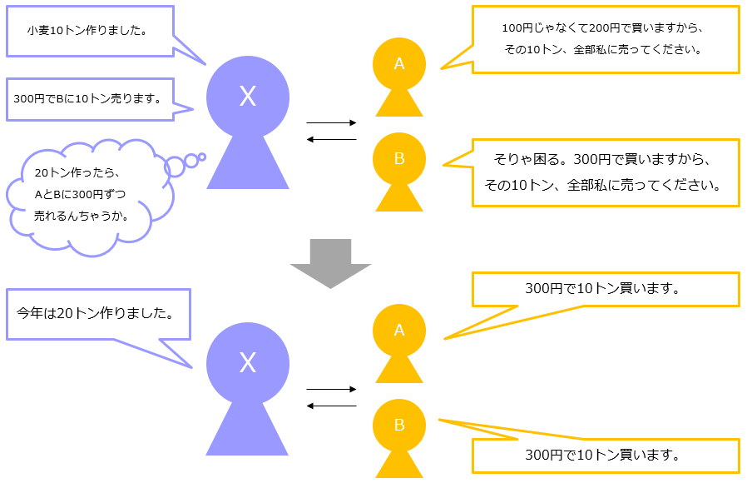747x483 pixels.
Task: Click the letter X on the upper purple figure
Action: [x=247, y=97]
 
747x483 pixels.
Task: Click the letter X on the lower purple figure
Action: [x=247, y=362]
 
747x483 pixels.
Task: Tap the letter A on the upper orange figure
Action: [x=398, y=63]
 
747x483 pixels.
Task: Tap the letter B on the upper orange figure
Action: [x=398, y=157]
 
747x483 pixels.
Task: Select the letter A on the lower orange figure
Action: [x=398, y=330]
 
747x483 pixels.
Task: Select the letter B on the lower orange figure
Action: [x=398, y=425]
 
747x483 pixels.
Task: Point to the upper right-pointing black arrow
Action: [x=331, y=123]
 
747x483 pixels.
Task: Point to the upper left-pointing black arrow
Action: [x=331, y=139]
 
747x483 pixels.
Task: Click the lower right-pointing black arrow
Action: [x=331, y=389]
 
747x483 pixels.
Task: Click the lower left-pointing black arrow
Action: [x=331, y=406]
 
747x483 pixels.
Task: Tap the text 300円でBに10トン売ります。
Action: [x=87, y=98]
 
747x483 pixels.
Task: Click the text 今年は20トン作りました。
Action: [x=96, y=314]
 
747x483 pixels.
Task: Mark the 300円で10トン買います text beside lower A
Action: [x=604, y=289]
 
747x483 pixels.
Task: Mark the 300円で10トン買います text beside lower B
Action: [x=604, y=456]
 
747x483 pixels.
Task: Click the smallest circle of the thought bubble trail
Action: [x=200, y=156]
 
